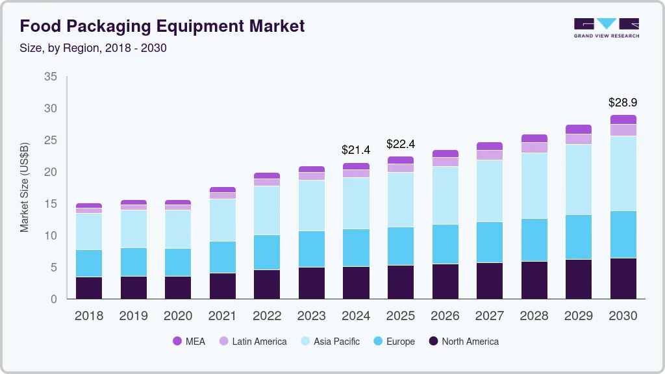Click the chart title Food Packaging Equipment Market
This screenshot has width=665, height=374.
pyautogui.click(x=162, y=26)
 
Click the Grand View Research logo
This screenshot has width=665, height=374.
pyautogui.click(x=606, y=27)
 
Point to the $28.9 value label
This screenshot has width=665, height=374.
pyautogui.click(x=622, y=103)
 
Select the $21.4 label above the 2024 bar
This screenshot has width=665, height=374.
pyautogui.click(x=356, y=150)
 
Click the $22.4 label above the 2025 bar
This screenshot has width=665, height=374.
pyautogui.click(x=400, y=143)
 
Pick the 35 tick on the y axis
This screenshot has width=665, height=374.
pyautogui.click(x=51, y=77)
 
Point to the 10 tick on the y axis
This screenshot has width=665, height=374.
pyautogui.click(x=51, y=236)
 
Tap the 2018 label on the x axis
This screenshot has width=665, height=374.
pyautogui.click(x=88, y=316)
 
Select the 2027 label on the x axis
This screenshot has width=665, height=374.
pyautogui.click(x=489, y=316)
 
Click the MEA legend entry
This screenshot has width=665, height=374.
pyautogui.click(x=188, y=341)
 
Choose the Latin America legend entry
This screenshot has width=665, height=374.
pyautogui.click(x=252, y=341)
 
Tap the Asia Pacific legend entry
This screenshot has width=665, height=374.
pyautogui.click(x=329, y=341)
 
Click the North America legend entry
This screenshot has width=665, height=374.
pyautogui.click(x=463, y=341)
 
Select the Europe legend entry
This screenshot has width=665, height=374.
pyautogui.click(x=393, y=341)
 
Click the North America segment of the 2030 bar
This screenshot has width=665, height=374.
pyautogui.click(x=623, y=279)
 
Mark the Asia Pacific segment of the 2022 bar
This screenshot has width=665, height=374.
pyautogui.click(x=267, y=210)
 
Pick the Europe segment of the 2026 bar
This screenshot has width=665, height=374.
pyautogui.click(x=445, y=244)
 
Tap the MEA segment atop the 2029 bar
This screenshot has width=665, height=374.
pyautogui.click(x=578, y=129)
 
